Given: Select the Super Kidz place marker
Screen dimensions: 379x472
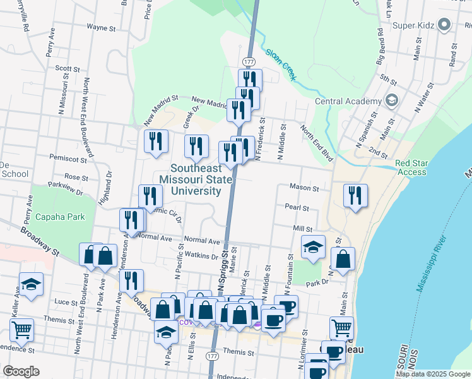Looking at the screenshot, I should pyautogui.click(x=444, y=25).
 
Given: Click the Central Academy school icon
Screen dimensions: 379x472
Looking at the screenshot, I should pyautogui.click(x=391, y=100).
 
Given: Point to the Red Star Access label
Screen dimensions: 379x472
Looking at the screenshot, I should pyautogui.click(x=411, y=167).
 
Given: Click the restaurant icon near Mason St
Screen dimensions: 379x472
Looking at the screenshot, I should pyautogui.click(x=355, y=195).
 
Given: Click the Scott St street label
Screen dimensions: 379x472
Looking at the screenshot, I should pyautogui.click(x=67, y=69).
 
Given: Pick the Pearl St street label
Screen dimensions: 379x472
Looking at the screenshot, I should pyautogui.click(x=297, y=207).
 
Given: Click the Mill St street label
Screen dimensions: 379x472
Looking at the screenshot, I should pyautogui.click(x=302, y=228).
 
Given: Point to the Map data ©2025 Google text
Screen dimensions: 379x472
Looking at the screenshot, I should pyautogui.click(x=432, y=374).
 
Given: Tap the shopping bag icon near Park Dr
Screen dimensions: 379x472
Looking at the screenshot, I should pyautogui.click(x=342, y=259).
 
